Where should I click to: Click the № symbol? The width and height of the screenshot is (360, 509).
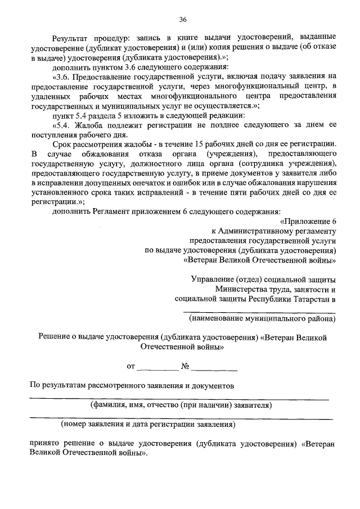pyautogui.click(x=184, y=367)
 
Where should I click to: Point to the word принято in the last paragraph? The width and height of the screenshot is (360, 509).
pyautogui.click(x=44, y=443)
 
